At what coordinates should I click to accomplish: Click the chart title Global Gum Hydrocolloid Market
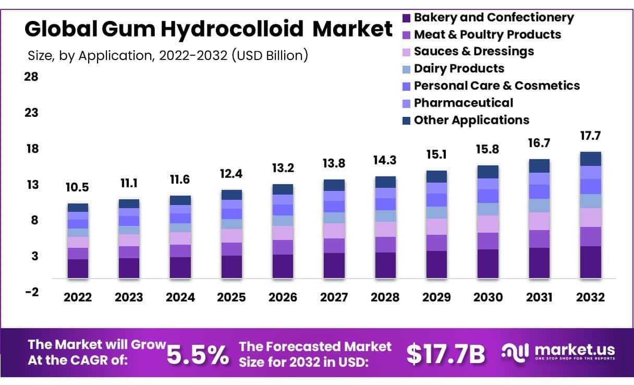coord(209,30)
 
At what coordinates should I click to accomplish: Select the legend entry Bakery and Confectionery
coord(493,17)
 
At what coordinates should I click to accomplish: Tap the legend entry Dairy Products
coord(459,68)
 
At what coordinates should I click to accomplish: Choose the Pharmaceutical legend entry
coord(463,103)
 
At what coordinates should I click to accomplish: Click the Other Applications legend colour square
coord(407,121)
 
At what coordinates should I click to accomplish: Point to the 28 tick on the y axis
coord(31,77)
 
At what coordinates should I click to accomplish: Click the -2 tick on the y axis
coord(31,292)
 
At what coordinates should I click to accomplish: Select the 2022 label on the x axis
coord(78,297)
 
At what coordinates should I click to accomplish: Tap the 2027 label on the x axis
coord(334,297)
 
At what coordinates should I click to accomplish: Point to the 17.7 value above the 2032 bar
coord(591,136)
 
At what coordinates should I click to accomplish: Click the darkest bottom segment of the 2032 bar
coord(591,262)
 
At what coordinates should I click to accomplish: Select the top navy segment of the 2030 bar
coord(488,172)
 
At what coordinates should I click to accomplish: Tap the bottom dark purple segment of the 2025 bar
coord(231,267)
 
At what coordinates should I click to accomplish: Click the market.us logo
coord(558,352)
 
